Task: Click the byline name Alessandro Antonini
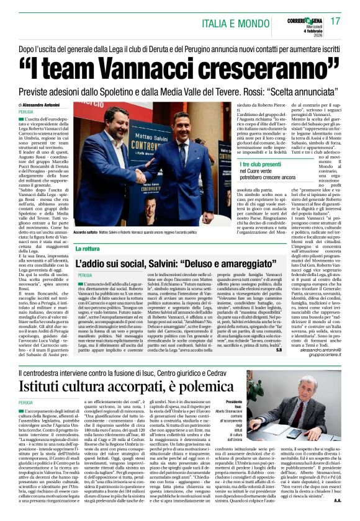pos(44,106)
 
